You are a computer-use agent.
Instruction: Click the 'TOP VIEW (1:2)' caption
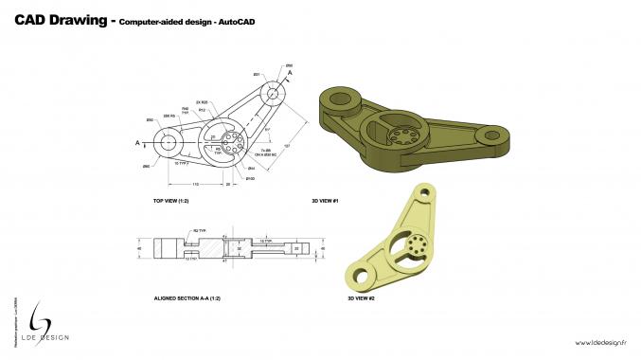(x=171, y=201)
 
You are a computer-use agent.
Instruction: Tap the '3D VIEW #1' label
(x=325, y=201)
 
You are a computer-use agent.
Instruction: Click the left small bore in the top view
(x=169, y=142)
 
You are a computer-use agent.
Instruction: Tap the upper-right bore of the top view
(x=274, y=91)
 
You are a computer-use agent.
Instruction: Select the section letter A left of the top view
(x=137, y=142)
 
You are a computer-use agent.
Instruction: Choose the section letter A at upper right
(x=290, y=72)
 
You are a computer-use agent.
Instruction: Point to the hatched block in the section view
(x=215, y=248)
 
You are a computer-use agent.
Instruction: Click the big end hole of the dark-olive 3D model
(x=344, y=98)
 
